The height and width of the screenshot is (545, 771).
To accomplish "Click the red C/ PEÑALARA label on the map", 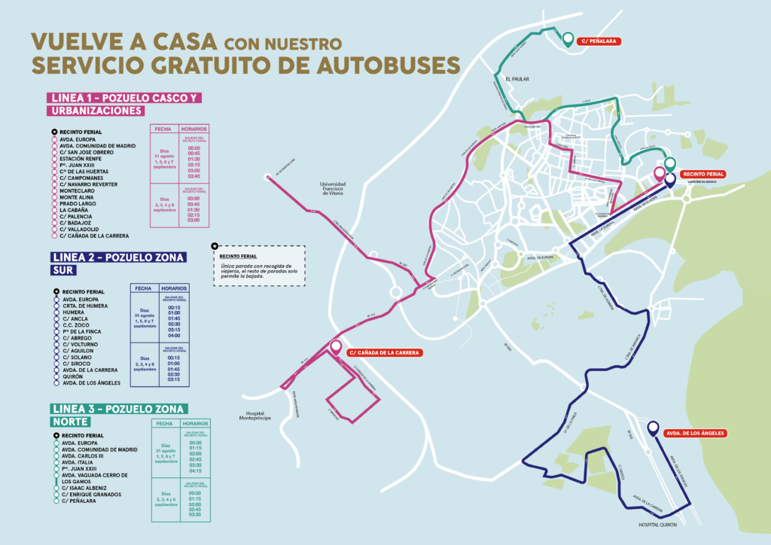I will [599, 41].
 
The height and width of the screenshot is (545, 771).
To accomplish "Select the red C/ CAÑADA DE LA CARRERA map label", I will [384, 352].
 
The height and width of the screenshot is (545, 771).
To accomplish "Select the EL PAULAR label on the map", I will [520, 78].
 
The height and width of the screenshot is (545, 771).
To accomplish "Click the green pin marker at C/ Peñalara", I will [567, 38].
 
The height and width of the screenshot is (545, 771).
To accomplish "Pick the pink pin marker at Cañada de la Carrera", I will [336, 348].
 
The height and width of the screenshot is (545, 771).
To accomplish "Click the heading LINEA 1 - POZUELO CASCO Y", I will [125, 98].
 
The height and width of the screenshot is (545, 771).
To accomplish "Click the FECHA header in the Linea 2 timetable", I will [142, 288].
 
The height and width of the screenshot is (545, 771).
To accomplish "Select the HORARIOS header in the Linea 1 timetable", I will [194, 129].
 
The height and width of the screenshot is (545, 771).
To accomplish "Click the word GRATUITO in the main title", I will [227, 64].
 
